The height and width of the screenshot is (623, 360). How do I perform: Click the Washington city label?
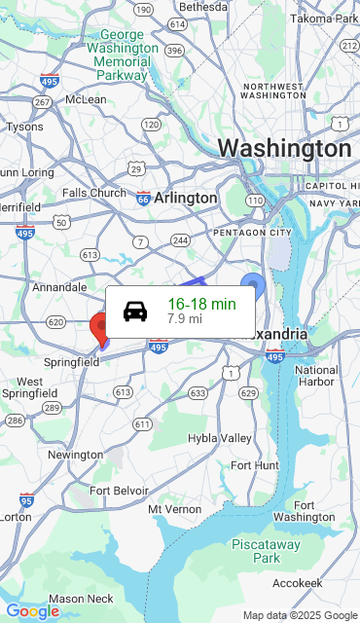tap(284, 149)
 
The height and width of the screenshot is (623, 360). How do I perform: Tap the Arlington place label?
tap(185, 198)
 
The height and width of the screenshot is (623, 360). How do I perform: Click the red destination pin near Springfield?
tap(100, 327)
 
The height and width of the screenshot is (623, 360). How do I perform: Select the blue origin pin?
tap(253, 287)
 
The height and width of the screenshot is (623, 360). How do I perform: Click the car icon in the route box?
tap(136, 311)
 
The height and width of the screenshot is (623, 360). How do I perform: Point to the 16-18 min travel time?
tap(201, 304)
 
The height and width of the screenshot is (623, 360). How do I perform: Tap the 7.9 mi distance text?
tap(185, 318)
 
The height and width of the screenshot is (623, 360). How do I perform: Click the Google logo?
tap(32, 611)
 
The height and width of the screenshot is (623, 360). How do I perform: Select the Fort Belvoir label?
tap(120, 491)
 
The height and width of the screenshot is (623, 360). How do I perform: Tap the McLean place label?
tap(86, 99)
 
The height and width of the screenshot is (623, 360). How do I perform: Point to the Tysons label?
tap(24, 127)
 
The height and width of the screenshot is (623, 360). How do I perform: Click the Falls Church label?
tap(94, 193)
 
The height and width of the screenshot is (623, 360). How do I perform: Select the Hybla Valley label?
tap(220, 438)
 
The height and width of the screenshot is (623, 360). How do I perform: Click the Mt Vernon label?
tap(174, 509)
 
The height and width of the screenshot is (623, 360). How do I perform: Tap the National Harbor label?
tap(316, 376)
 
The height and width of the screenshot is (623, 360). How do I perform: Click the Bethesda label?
tap(202, 7)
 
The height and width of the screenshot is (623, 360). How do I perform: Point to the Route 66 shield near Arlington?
tap(144, 198)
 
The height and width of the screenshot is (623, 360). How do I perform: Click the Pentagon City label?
tap(252, 233)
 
